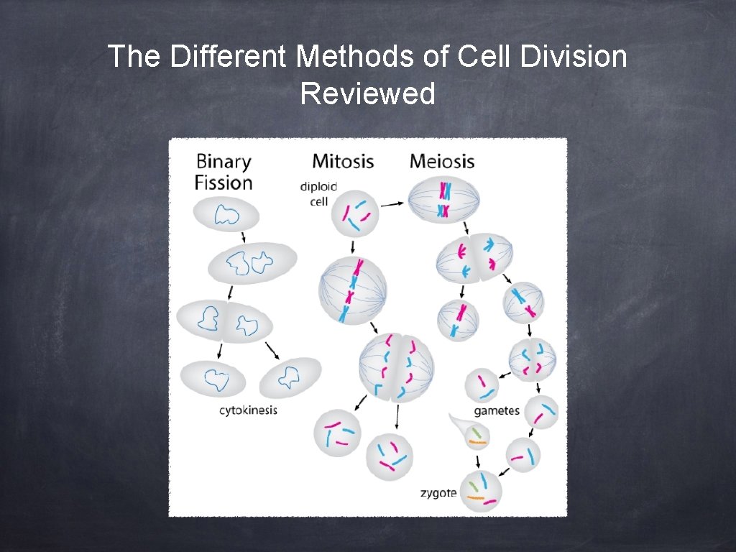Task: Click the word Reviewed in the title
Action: point(368,93)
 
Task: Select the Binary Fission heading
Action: point(224,172)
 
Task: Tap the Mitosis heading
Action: point(343,160)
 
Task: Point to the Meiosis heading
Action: point(442,160)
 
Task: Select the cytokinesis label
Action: point(248,410)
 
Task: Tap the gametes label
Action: point(497,411)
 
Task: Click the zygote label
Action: point(438,493)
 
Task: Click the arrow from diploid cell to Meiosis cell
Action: point(392,204)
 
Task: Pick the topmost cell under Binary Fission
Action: point(227,215)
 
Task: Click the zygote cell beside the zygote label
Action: point(480,491)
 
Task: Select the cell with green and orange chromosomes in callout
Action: point(476,435)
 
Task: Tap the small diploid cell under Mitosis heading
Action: point(356,213)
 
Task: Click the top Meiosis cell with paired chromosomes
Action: point(443,201)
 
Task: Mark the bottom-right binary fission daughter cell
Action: point(290,377)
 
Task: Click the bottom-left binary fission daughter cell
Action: point(213,378)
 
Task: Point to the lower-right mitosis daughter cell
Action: point(389,457)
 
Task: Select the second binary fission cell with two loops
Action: point(252,263)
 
